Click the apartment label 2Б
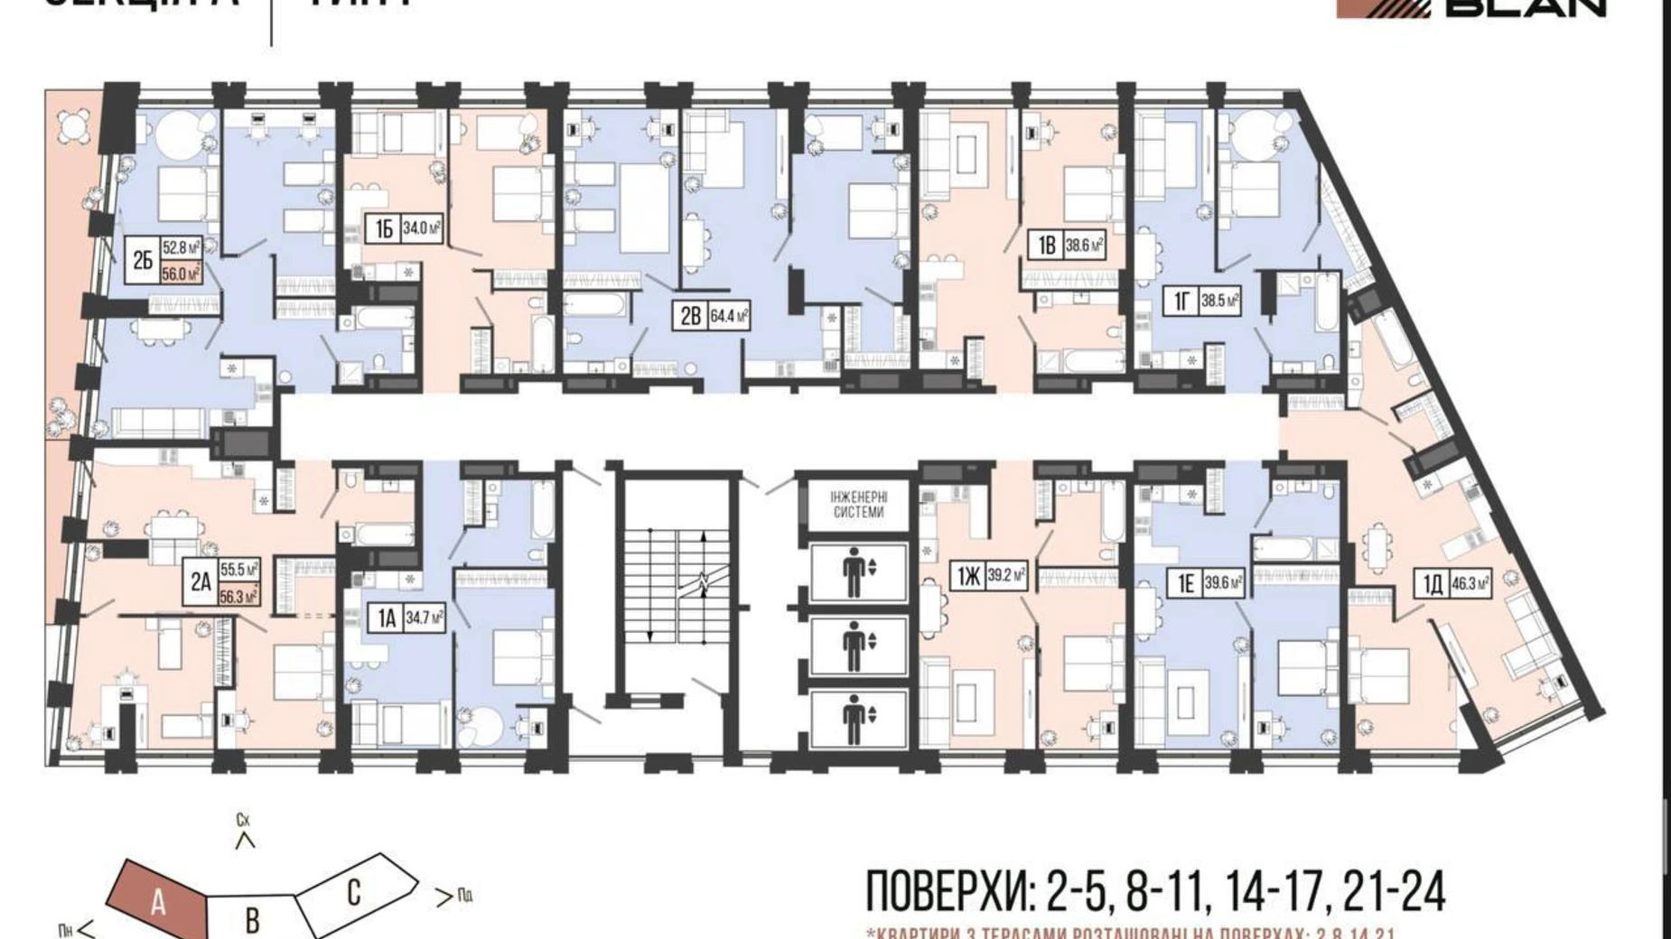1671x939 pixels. click(143, 260)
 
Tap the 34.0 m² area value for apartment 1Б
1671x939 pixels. click(422, 228)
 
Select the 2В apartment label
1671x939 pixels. click(691, 316)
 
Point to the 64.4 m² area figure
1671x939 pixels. click(729, 316)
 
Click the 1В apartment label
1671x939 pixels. click(1046, 245)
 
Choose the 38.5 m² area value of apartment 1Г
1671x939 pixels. click(1219, 301)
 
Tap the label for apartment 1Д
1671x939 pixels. click(1432, 584)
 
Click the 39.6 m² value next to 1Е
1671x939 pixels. click(1223, 584)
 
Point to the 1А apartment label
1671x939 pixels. click(387, 618)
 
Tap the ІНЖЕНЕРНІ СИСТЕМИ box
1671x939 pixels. click(858, 504)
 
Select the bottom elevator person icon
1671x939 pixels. click(853, 720)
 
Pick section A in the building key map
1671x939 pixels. click(158, 900)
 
